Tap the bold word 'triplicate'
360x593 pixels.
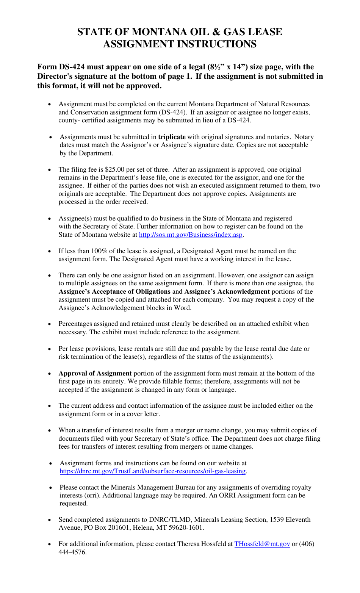(172, 137)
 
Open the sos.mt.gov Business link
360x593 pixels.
(191, 235)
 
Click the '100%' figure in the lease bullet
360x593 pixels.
(99, 251)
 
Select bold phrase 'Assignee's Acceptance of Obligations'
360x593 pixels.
(114, 291)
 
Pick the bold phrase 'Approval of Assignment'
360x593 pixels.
(95, 373)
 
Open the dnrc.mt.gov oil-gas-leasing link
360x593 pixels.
(153, 471)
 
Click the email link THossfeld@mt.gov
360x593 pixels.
(262, 544)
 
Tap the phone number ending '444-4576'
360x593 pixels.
(72, 552)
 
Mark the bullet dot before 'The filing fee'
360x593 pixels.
(50, 170)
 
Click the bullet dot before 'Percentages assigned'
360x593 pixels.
(50, 324)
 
